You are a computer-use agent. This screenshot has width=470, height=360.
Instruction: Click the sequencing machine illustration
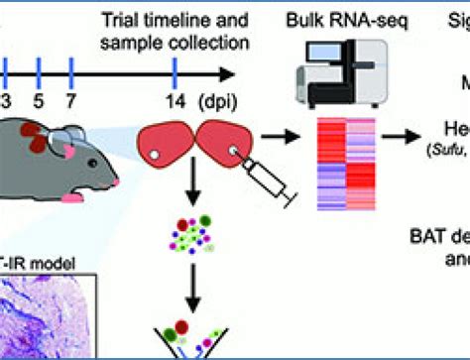tap(338, 69)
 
